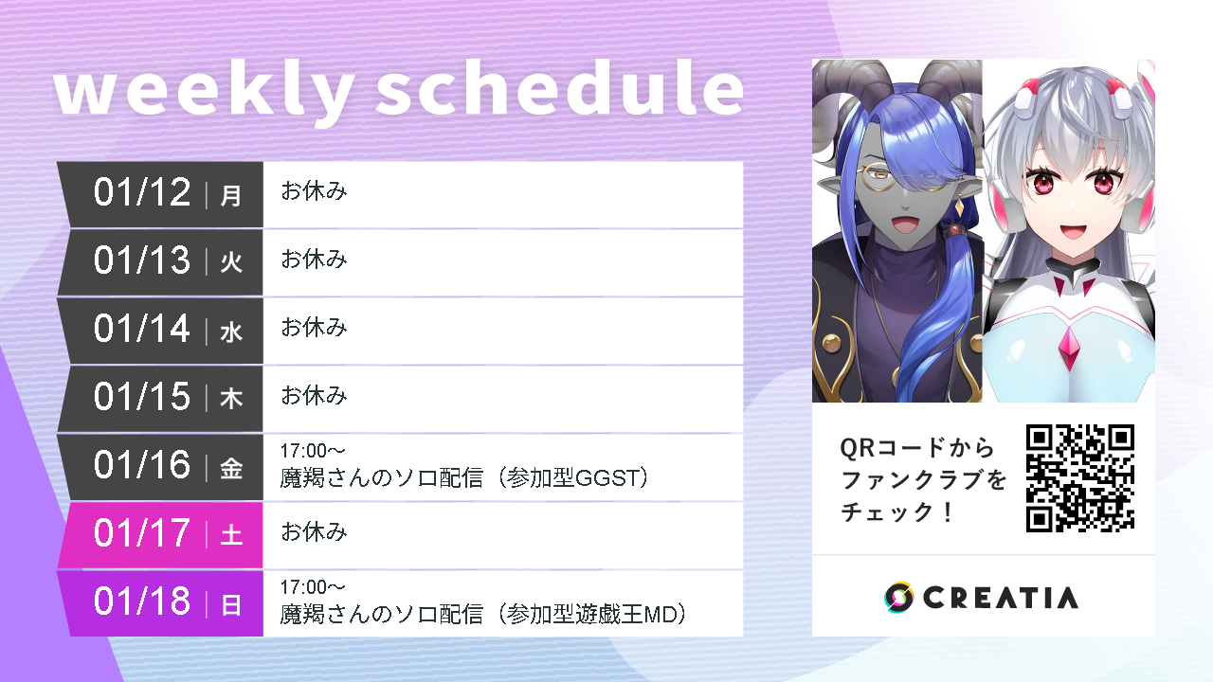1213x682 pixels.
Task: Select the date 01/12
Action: coord(142,193)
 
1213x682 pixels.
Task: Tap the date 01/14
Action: coord(142,330)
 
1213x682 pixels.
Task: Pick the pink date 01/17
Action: coord(142,534)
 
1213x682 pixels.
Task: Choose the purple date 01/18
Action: coord(142,602)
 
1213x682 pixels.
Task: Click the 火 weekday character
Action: coord(231,262)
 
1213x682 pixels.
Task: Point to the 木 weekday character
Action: coord(231,399)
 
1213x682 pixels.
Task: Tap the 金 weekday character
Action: coord(231,467)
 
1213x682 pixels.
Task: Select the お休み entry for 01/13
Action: coord(314,260)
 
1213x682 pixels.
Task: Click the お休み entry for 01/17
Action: coord(314,532)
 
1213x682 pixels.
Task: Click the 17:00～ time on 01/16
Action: coord(313,451)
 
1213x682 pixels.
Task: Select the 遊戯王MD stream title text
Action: coord(482,615)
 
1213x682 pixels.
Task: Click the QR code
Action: coord(1080,477)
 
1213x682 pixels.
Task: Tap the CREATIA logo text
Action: coord(1000,598)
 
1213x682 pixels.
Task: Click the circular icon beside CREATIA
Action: coord(898,597)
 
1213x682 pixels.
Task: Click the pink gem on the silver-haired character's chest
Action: coord(1072,350)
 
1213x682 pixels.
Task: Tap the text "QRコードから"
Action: coord(917,447)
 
